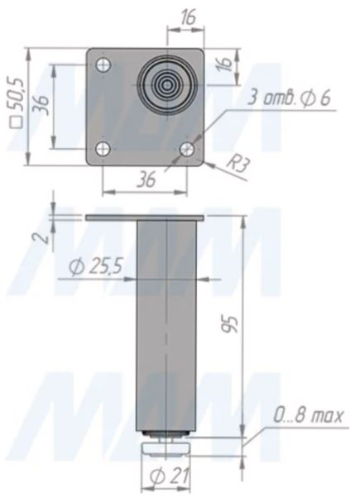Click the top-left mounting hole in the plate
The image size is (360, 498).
103,65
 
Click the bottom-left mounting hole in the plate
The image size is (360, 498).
103,148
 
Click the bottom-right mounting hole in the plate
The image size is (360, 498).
187,148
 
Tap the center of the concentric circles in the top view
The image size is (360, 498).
166,85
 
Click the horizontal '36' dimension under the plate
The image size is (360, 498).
146,180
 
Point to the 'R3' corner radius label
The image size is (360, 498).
238,165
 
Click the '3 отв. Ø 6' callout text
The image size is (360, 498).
289,98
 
